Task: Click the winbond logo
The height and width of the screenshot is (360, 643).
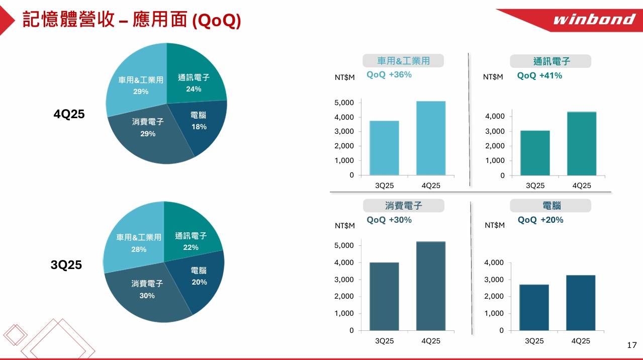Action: [x=594, y=20]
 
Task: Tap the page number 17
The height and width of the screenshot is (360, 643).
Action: [x=632, y=345]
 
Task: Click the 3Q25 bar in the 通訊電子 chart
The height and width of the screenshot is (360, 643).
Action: [x=535, y=153]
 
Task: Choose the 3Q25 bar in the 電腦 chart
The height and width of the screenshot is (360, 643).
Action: [x=534, y=307]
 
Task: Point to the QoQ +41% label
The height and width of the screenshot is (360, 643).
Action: [x=539, y=75]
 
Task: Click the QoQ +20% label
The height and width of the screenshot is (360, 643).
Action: [x=540, y=220]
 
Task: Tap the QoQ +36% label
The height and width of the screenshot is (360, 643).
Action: [x=389, y=75]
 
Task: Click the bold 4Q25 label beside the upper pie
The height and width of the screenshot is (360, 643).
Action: [x=69, y=114]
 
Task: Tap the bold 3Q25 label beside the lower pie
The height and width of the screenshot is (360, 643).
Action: [x=66, y=265]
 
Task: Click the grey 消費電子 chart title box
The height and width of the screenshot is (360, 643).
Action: [x=404, y=206]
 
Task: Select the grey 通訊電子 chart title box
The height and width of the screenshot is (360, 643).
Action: [x=551, y=61]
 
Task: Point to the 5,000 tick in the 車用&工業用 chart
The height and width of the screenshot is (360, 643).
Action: [x=344, y=103]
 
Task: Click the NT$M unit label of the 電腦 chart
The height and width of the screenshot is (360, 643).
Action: [x=494, y=225]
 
